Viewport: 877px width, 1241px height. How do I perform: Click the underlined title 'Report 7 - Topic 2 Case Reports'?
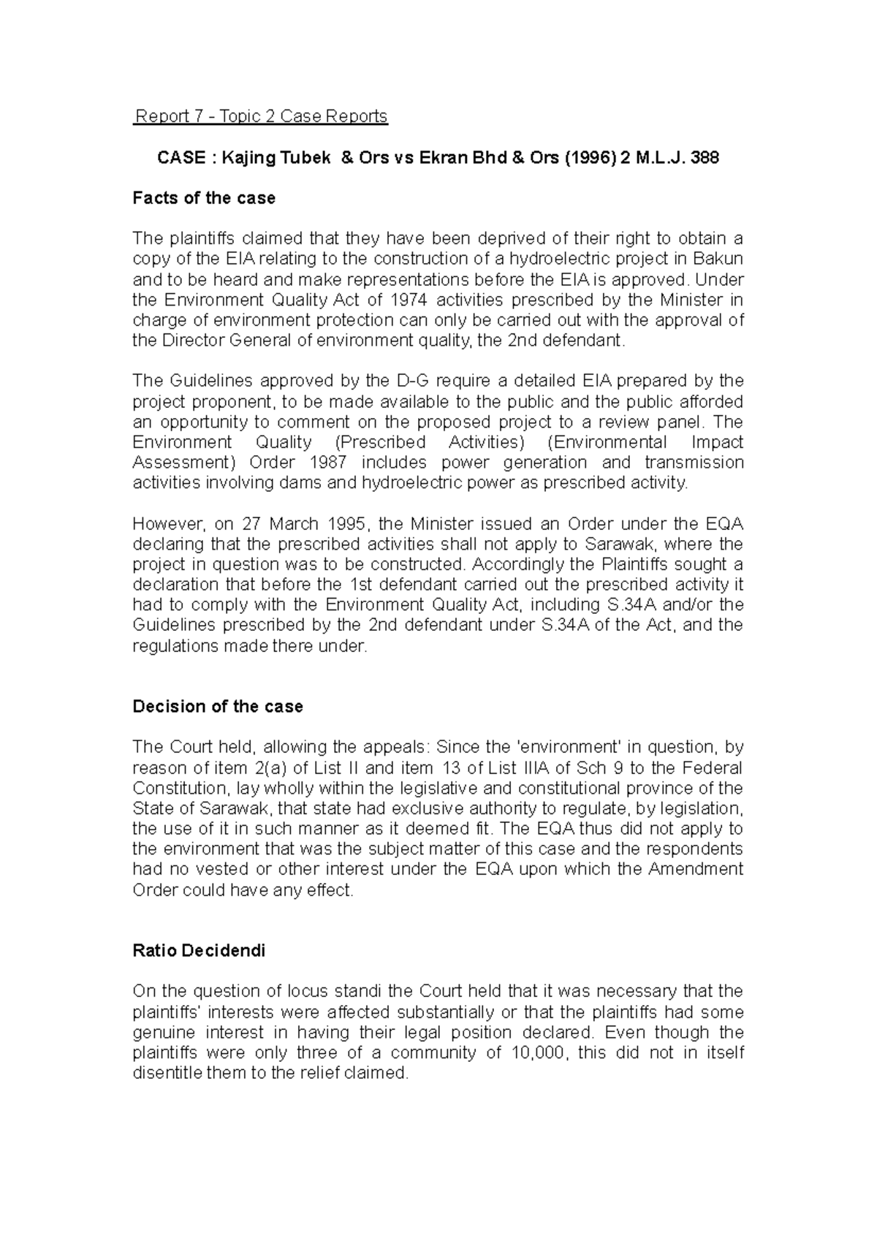pyautogui.click(x=260, y=116)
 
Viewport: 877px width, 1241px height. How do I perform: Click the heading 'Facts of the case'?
pyautogui.click(x=204, y=198)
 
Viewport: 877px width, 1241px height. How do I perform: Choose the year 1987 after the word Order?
pyautogui.click(x=332, y=463)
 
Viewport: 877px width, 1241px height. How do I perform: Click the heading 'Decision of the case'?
pyautogui.click(x=218, y=707)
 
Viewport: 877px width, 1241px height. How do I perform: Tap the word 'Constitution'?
pyautogui.click(x=175, y=788)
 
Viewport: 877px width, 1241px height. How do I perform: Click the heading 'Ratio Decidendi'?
pyautogui.click(x=199, y=951)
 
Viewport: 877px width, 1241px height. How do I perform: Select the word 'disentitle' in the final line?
pyautogui.click(x=164, y=1074)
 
